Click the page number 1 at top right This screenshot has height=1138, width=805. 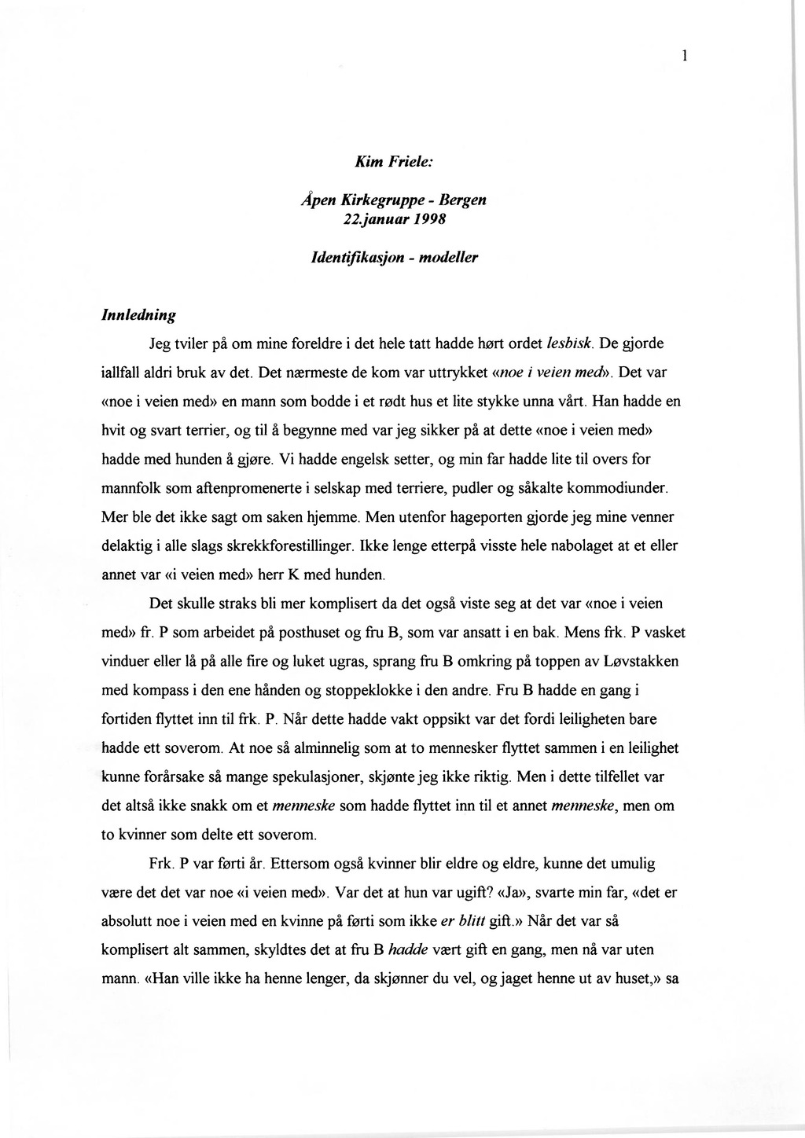(686, 55)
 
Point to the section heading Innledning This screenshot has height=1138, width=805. (139, 314)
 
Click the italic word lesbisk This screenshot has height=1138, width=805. (568, 343)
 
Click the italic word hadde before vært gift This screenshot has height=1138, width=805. (408, 949)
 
